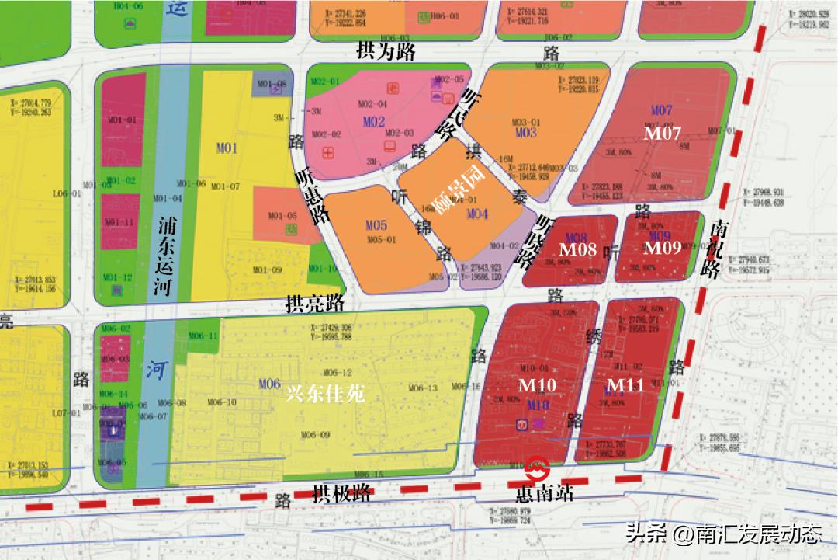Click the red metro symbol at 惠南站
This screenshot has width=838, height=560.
(x=537, y=469)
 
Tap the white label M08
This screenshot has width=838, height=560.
(x=578, y=249)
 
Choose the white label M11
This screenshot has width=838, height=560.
(x=625, y=384)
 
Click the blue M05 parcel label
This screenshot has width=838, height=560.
(x=376, y=225)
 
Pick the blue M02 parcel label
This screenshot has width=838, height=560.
(x=373, y=122)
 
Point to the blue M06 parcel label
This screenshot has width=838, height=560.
(x=268, y=384)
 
